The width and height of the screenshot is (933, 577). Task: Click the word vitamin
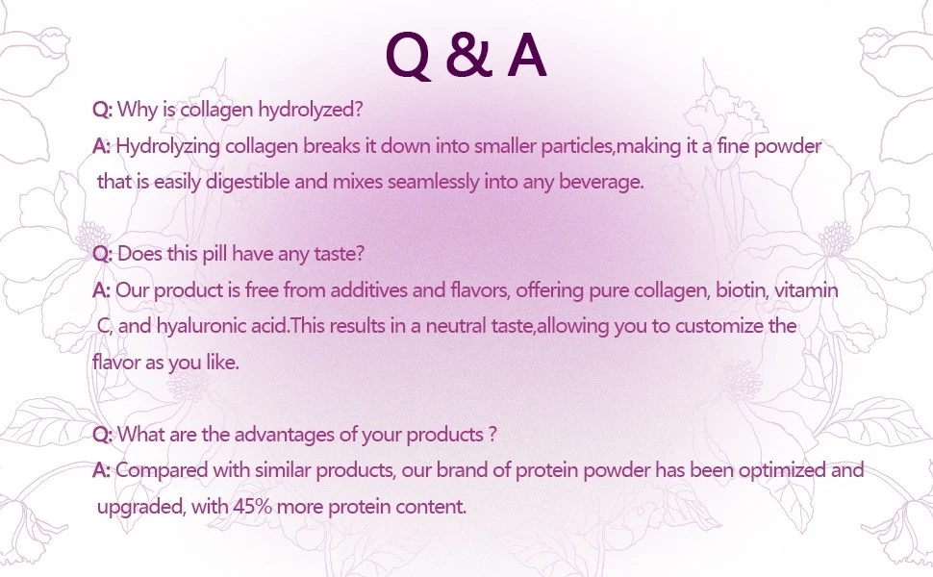tap(806, 290)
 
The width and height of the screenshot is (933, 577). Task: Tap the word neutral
tap(456, 327)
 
